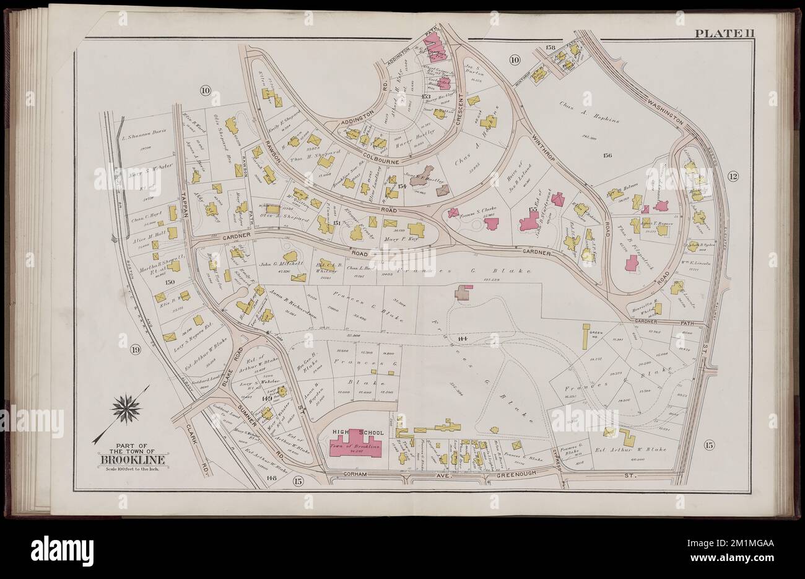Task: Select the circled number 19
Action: click(x=136, y=351)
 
